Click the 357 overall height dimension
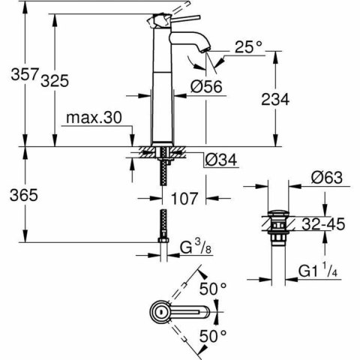(15, 76)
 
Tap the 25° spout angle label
(250, 47)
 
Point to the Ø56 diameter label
(207, 87)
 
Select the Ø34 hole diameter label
(220, 159)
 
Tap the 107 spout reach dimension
(182, 199)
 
